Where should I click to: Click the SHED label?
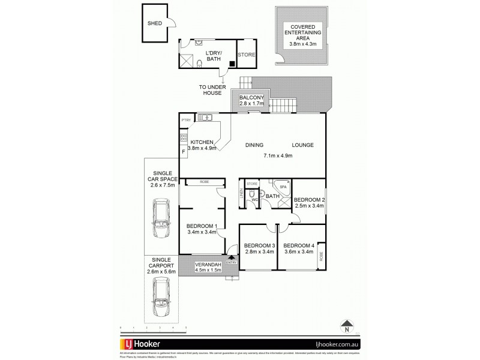click(x=155, y=23)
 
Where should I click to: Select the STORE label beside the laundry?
click(x=247, y=55)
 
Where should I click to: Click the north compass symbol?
click(x=346, y=327)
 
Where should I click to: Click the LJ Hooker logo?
click(x=150, y=344)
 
